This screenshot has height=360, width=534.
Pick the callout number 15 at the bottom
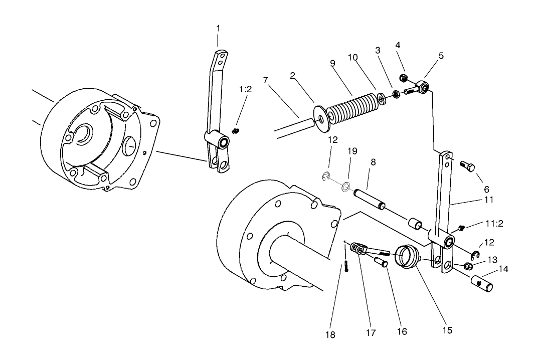coord(447,330)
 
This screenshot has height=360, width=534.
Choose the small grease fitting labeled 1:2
coord(235,130)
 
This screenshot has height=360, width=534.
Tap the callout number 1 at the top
coord(218,29)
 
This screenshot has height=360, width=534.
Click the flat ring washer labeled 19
coord(344,188)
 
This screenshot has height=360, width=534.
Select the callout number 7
coord(266,80)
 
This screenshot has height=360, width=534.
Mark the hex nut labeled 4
coord(403,78)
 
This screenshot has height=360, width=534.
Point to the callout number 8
coord(373,162)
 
